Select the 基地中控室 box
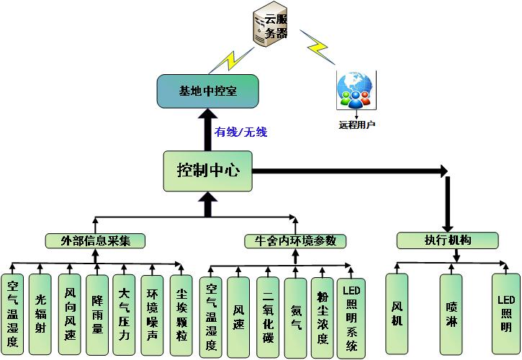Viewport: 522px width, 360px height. click(x=207, y=91)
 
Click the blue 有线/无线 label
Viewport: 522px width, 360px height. click(x=240, y=132)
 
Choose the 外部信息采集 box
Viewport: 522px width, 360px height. click(x=95, y=240)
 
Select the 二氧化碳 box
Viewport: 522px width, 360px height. click(x=267, y=317)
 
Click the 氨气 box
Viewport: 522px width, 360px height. click(x=295, y=317)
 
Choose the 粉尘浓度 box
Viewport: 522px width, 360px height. click(x=323, y=317)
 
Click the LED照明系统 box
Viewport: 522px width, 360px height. click(x=351, y=317)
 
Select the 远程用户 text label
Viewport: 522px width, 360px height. click(x=357, y=124)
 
